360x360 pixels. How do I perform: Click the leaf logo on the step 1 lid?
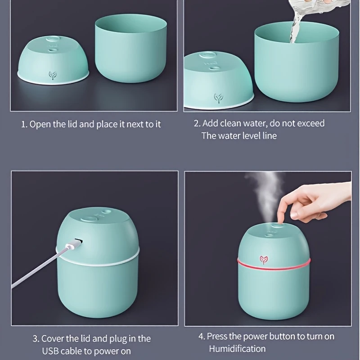(x=53, y=75)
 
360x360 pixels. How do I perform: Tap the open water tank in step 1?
(x=131, y=48)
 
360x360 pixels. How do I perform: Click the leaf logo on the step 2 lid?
(x=218, y=98)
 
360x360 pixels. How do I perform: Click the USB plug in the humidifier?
(x=74, y=244)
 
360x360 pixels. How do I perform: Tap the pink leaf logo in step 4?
(x=264, y=260)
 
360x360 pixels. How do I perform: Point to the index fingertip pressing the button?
(x=280, y=221)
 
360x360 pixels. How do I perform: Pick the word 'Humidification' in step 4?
(x=238, y=349)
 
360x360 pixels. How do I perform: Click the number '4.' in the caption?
(x=201, y=336)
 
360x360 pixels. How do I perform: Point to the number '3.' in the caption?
(x=36, y=339)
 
